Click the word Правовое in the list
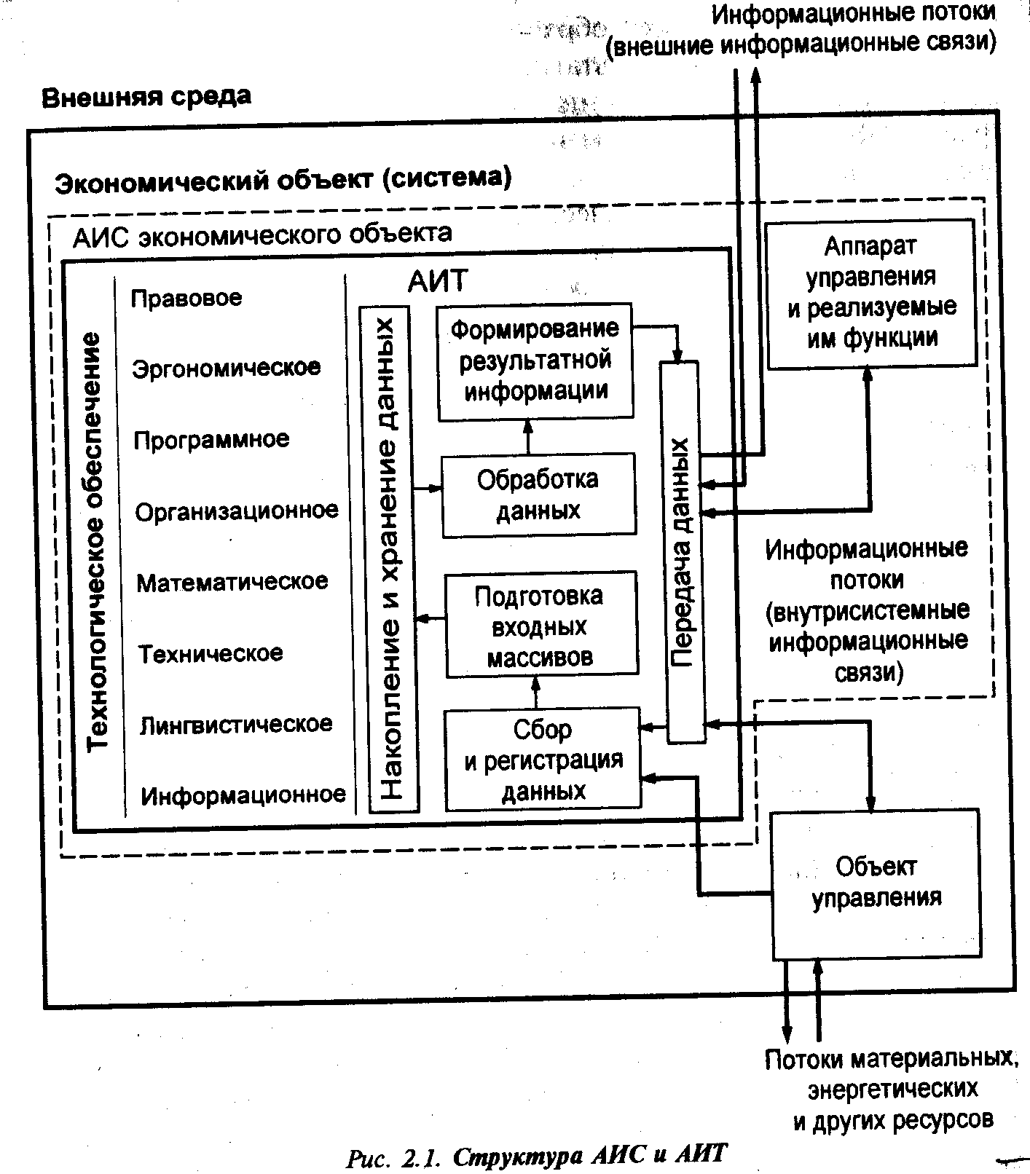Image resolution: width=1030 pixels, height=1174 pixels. pyautogui.click(x=186, y=299)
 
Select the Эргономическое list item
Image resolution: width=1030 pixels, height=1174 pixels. pyautogui.click(x=226, y=368)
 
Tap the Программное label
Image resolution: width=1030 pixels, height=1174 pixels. pyautogui.click(x=211, y=440)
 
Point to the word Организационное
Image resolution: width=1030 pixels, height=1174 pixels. pyautogui.click(x=237, y=511)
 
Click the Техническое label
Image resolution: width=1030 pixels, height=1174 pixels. pyautogui.click(x=211, y=653)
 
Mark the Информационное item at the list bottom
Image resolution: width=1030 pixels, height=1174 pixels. pyautogui.click(x=243, y=795)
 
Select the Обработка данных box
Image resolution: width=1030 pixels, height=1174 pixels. pyautogui.click(x=538, y=495)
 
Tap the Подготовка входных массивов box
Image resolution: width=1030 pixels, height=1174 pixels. pyautogui.click(x=540, y=626)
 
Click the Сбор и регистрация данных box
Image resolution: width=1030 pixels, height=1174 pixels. pyautogui.click(x=543, y=760)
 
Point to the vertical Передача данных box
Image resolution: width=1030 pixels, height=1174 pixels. pyautogui.click(x=683, y=551)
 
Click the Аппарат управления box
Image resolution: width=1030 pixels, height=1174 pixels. pyautogui.click(x=871, y=293)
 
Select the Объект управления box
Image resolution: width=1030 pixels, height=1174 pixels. pyautogui.click(x=876, y=882)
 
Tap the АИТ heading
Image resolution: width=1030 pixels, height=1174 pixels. pyautogui.click(x=437, y=280)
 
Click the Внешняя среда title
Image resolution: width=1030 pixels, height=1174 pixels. pyautogui.click(x=146, y=97)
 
